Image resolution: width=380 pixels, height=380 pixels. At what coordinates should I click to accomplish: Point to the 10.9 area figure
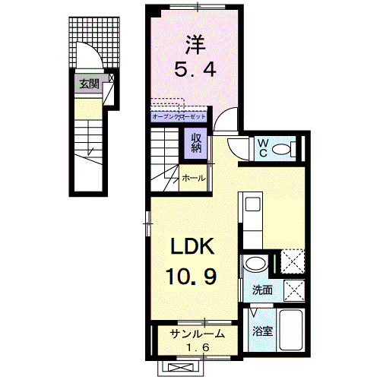[x=192, y=275]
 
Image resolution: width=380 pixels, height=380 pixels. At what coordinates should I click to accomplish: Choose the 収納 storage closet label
[x=195, y=142]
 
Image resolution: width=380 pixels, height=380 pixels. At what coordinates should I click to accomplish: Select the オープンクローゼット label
[x=178, y=117]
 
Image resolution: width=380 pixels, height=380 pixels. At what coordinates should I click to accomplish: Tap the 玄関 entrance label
[x=88, y=84]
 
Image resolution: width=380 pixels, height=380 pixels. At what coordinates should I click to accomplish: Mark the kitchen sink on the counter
[x=251, y=204]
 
